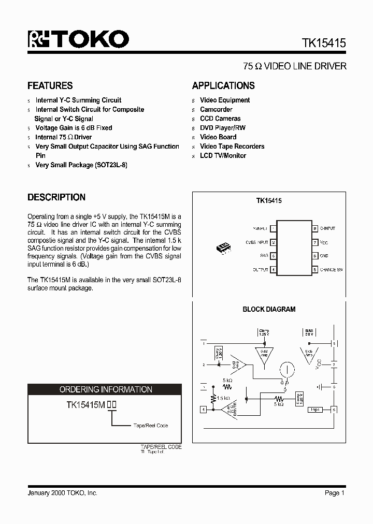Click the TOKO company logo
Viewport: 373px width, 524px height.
(x=78, y=40)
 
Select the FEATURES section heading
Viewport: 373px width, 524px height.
(x=50, y=86)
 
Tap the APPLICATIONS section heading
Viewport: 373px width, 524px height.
(x=223, y=86)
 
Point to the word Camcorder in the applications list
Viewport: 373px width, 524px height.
(x=216, y=109)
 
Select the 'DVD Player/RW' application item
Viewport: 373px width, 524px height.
(x=223, y=128)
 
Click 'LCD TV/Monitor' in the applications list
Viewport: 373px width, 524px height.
(x=223, y=155)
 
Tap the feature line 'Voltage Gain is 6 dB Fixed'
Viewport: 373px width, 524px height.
(x=74, y=128)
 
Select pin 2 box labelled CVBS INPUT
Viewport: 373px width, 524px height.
(x=273, y=242)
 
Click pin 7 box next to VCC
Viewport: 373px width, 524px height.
(x=314, y=242)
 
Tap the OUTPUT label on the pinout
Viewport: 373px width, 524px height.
(x=260, y=270)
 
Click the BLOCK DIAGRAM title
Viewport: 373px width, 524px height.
(x=269, y=309)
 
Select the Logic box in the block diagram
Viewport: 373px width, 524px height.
(x=314, y=410)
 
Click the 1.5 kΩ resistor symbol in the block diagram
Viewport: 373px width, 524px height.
(x=213, y=399)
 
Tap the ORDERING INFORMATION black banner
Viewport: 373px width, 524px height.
(x=105, y=389)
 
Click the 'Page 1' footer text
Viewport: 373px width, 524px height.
(x=334, y=493)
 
